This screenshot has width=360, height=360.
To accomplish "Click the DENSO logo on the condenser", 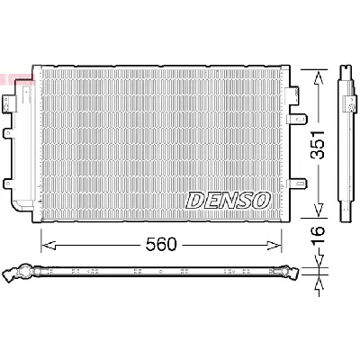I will (228, 200).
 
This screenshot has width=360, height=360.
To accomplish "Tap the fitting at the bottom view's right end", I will (292, 269).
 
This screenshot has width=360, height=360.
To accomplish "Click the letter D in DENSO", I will (195, 200).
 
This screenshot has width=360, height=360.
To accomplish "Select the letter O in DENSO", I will (260, 200).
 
